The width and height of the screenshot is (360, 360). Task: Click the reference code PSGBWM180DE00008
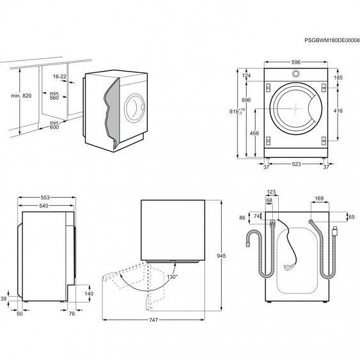(x=332, y=40)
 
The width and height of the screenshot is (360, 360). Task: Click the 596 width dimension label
(x=296, y=62)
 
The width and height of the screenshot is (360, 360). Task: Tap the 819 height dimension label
(x=237, y=111)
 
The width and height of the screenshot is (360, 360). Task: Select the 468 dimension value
(x=254, y=133)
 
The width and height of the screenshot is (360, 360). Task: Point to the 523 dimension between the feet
(x=296, y=164)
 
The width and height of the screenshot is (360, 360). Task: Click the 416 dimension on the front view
(x=338, y=111)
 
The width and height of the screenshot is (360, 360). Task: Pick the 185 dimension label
(x=338, y=77)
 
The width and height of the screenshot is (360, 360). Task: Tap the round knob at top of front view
(x=296, y=74)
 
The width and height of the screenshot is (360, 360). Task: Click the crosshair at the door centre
(x=296, y=109)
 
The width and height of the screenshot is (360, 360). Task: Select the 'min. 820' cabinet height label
(x=21, y=96)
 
